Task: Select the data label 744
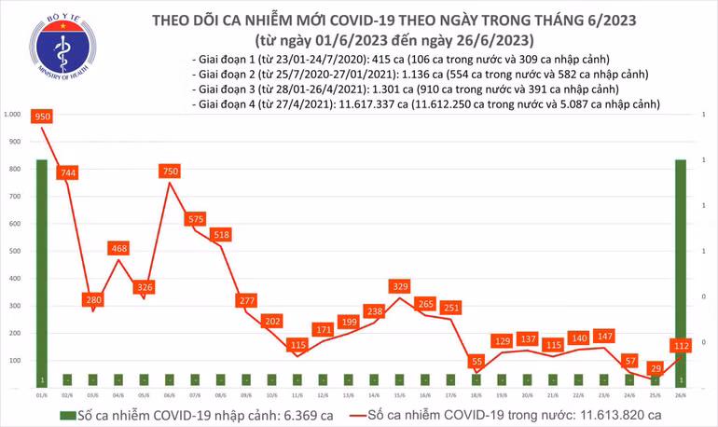(x=66, y=172)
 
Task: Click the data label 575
(x=195, y=219)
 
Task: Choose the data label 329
(x=399, y=285)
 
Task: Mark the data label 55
(x=476, y=361)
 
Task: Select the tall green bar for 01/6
(x=42, y=270)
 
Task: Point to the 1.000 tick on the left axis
(x=13, y=115)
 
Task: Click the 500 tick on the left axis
(x=16, y=251)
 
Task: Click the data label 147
(x=603, y=336)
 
